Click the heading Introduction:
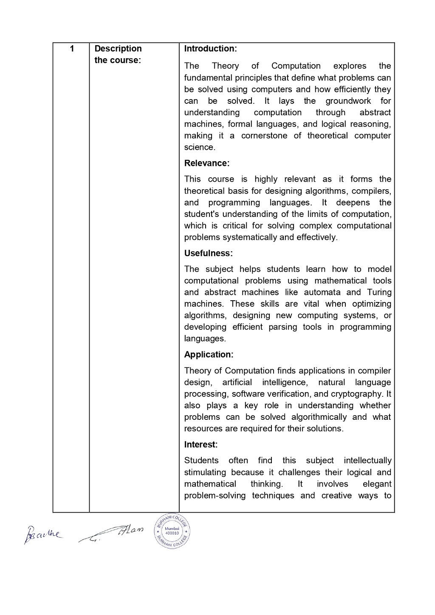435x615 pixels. [x=210, y=48]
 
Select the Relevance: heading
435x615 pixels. [x=206, y=163]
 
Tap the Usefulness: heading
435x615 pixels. [x=208, y=253]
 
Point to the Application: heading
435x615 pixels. [x=209, y=355]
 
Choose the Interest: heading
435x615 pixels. [x=201, y=445]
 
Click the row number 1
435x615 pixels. [x=72, y=48]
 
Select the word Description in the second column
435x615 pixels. [x=118, y=48]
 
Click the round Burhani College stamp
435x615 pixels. [x=172, y=531]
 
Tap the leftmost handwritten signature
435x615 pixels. [x=42, y=534]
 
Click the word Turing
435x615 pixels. [x=379, y=292]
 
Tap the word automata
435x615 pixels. [x=322, y=292]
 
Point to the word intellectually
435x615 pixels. [x=367, y=461]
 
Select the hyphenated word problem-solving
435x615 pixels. [x=215, y=495]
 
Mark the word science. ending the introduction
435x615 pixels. [x=200, y=148]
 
